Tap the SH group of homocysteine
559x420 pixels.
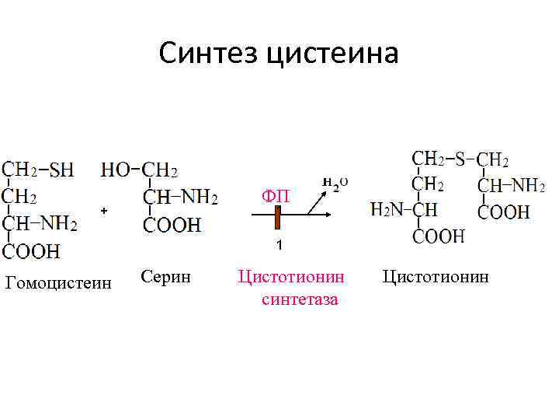tap(62, 169)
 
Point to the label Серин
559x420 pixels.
tap(161, 275)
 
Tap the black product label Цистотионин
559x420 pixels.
tap(436, 276)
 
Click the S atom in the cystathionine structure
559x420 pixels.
tap(460, 159)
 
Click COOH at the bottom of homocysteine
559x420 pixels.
tap(31, 250)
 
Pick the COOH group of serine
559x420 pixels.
tap(172, 225)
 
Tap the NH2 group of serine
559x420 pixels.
tap(199, 198)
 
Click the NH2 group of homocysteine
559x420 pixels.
tap(59, 224)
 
